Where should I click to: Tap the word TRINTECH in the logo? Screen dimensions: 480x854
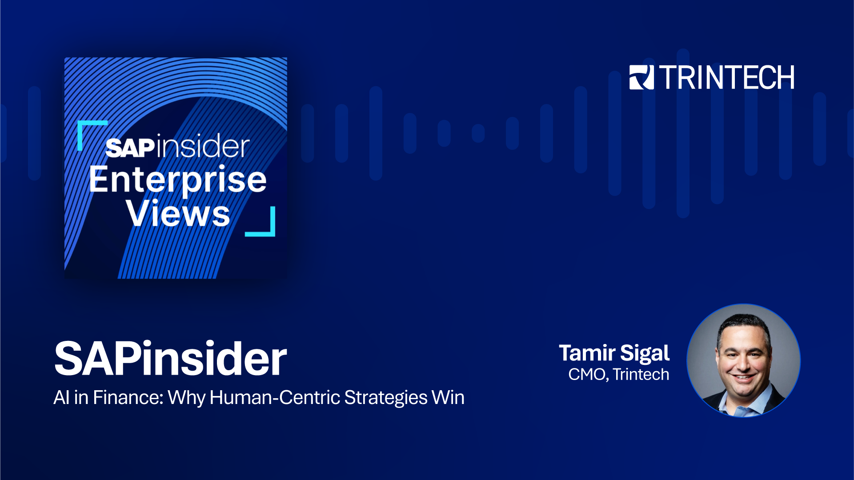[727, 78]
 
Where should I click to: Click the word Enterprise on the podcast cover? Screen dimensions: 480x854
[178, 180]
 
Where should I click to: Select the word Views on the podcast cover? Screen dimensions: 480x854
[178, 214]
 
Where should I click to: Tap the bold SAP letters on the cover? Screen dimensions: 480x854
[130, 148]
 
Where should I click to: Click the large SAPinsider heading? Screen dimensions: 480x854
[170, 359]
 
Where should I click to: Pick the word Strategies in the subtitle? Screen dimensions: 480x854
[385, 398]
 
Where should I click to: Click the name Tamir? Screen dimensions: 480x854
[587, 353]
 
